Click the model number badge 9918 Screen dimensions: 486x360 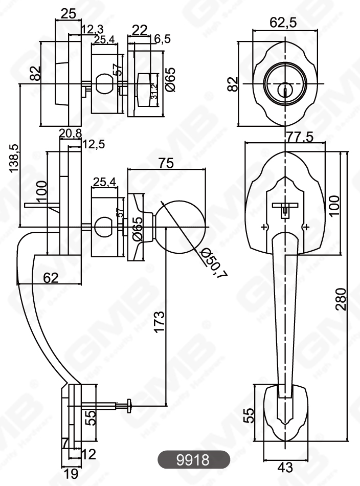point(192,459)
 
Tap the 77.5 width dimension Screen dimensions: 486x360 point(284,138)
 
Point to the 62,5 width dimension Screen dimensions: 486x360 point(284,22)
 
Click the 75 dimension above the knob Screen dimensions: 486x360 point(166,163)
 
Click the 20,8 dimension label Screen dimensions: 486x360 point(70,134)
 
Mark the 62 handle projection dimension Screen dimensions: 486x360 point(51,277)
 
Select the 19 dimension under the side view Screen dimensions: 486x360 point(72,474)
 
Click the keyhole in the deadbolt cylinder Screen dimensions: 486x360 point(284,91)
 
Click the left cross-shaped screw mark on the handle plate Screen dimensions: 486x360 point(264,227)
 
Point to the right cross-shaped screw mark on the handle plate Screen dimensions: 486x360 point(305,227)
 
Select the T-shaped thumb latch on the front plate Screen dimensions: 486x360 point(284,208)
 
